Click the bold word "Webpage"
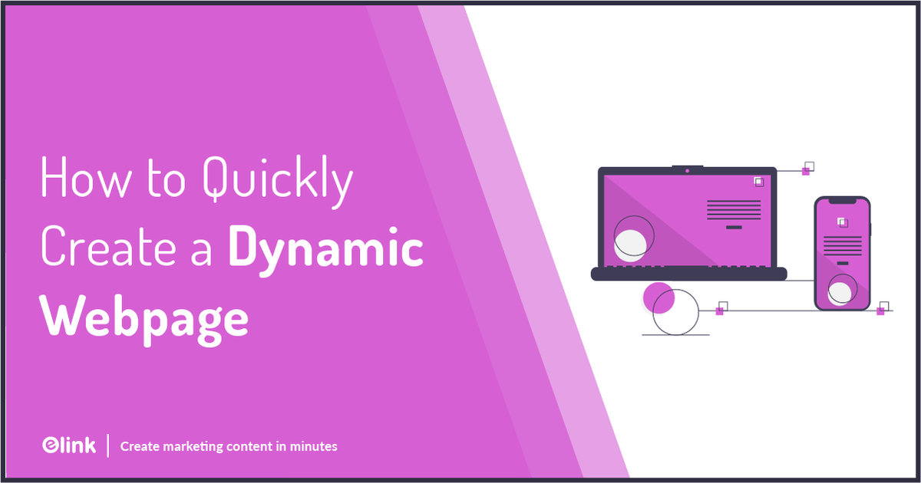145,317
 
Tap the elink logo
68,445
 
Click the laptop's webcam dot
687,170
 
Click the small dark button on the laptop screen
734,228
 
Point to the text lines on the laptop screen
734,209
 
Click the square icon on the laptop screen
758,182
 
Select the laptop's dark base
688,274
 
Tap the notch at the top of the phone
842,201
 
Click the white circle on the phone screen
840,291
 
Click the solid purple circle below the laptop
658,297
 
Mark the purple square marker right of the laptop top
806,171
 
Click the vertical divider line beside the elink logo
108,445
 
